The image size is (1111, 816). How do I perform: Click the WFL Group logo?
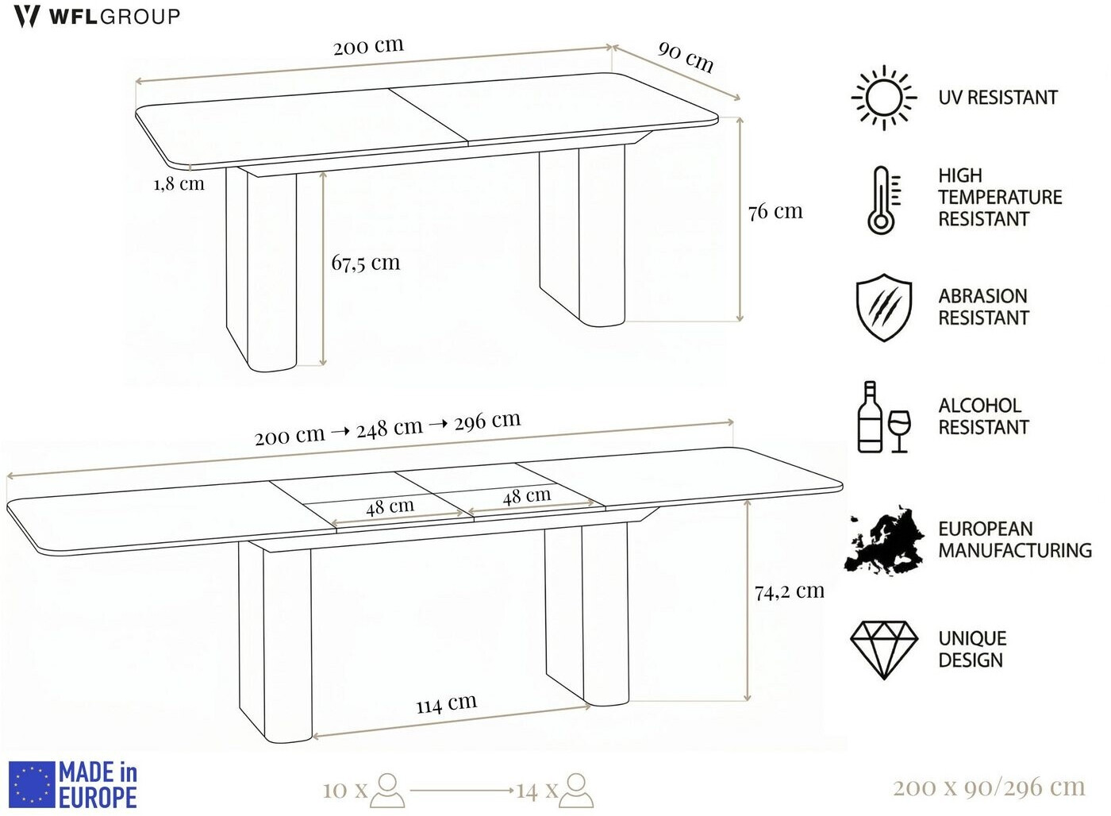point(97,17)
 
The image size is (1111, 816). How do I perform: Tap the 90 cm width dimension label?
point(686,56)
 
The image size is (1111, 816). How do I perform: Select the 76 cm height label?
point(775,211)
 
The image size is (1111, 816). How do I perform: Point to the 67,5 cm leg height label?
point(366,263)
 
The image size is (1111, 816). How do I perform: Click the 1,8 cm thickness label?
point(179,184)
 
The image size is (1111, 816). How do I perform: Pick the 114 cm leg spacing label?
point(446,703)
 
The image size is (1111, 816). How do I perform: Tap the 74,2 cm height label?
point(790,591)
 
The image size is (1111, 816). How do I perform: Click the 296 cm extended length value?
point(487,421)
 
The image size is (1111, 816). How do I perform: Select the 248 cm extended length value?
point(390,429)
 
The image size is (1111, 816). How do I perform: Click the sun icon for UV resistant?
point(884,98)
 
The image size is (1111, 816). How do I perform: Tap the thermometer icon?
point(882,200)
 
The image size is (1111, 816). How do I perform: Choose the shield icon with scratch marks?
point(884,307)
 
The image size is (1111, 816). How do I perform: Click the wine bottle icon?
point(870,417)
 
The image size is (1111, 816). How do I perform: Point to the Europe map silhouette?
point(885,541)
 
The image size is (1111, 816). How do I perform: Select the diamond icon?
point(884,650)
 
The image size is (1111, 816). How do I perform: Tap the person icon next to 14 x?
point(576,791)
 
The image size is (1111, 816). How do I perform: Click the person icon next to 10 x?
point(388,791)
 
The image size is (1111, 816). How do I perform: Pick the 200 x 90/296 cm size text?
point(989,787)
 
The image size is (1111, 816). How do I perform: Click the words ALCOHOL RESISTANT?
point(983,416)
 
